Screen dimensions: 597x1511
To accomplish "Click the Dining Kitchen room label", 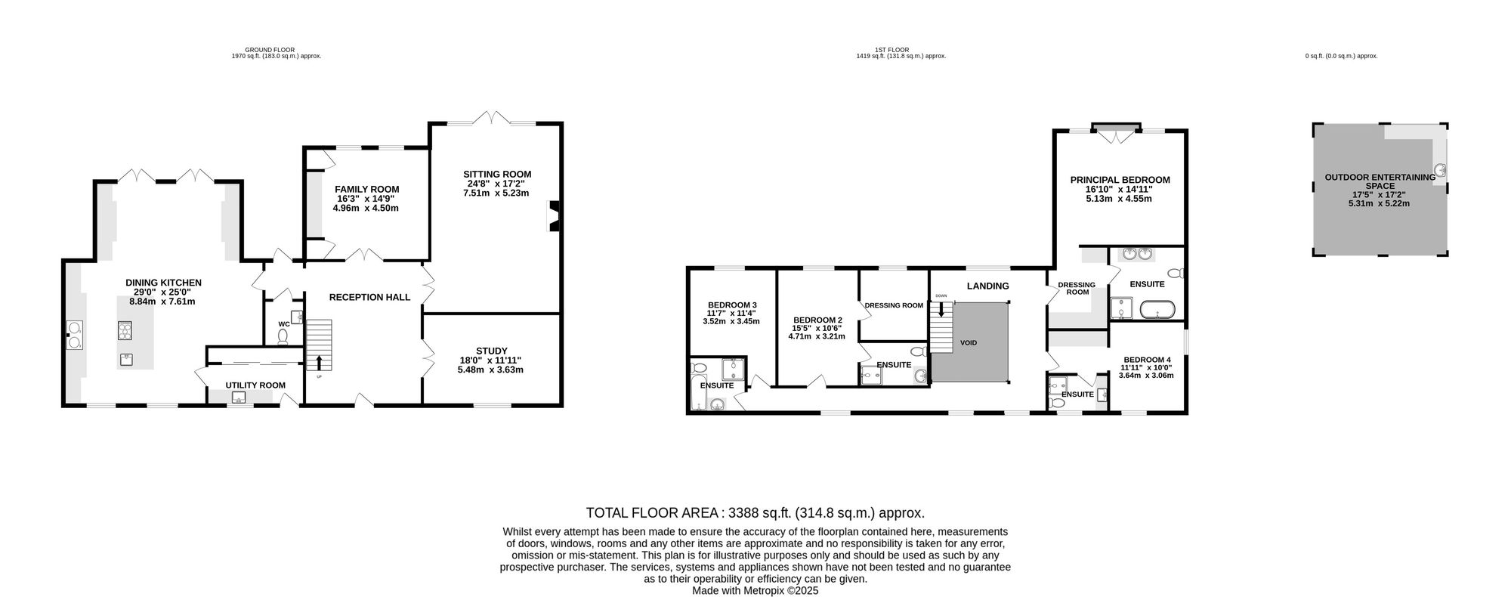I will tap(163, 283).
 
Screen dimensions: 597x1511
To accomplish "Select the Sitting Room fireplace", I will tap(553, 215).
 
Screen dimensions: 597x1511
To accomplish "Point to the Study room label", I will tap(491, 351).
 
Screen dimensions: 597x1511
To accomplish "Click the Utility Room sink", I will tap(240, 399).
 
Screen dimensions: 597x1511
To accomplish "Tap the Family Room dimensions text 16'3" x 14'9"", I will tap(366, 199).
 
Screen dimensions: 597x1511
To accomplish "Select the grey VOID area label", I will tap(969, 343).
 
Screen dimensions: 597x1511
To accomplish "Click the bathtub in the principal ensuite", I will tap(1157, 309).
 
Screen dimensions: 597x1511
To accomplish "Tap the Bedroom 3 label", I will tap(731, 305).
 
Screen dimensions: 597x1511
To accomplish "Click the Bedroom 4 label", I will tap(1147, 360).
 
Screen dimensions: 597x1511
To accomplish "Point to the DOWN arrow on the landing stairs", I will tap(941, 308).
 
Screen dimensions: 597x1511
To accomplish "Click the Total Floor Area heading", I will tap(755, 512).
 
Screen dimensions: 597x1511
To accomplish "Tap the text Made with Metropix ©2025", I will tap(755, 591).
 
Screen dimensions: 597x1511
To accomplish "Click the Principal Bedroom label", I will tap(1120, 180).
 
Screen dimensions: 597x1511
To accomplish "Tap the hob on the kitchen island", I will tap(125, 329).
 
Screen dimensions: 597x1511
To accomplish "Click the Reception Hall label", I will tap(369, 298).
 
